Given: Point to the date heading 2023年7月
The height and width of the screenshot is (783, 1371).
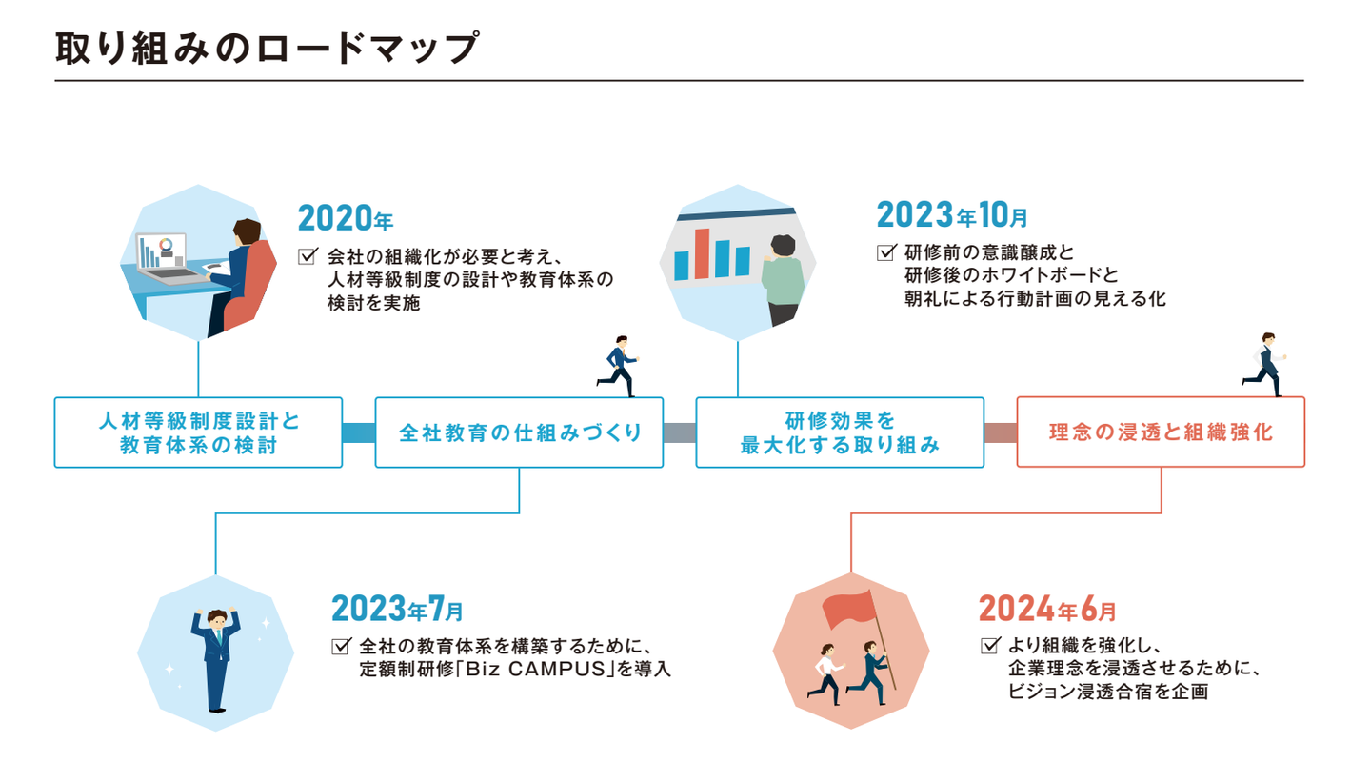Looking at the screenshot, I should (397, 608).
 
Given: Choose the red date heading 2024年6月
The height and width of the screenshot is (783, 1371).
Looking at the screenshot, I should (1047, 607).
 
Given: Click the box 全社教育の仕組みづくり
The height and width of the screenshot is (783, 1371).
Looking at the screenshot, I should (519, 432).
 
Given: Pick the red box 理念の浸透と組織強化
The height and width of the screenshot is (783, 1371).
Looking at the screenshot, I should (1161, 432).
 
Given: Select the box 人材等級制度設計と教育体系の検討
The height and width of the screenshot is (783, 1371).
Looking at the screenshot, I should (198, 432).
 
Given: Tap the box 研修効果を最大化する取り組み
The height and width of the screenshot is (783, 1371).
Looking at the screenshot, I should (840, 432).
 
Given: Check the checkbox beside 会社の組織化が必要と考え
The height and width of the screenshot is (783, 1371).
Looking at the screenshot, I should (307, 256).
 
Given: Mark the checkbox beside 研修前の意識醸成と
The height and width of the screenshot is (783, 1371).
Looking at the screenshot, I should (885, 253).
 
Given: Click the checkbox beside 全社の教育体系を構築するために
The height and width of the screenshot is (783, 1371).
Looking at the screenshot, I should (341, 646).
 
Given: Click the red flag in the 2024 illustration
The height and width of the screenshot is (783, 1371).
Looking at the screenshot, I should (846, 608).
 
